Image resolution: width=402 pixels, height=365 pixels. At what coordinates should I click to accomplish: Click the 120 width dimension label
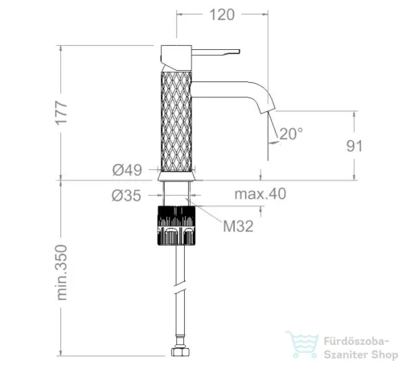pyautogui.click(x=222, y=15)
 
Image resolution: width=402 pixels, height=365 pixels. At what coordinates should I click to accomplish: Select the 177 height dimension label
pyautogui.click(x=61, y=113)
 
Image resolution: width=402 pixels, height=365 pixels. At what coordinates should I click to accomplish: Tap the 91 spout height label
pyautogui.click(x=355, y=146)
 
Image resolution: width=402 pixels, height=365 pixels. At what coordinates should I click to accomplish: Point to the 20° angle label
pyautogui.click(x=291, y=134)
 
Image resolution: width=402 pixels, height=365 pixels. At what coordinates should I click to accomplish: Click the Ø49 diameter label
pyautogui.click(x=127, y=170)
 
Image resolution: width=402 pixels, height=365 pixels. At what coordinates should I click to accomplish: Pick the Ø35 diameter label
pyautogui.click(x=126, y=196)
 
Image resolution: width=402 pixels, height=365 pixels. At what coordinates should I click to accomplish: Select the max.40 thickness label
pyautogui.click(x=260, y=193)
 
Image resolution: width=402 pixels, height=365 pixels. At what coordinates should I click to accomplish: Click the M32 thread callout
pyautogui.click(x=238, y=226)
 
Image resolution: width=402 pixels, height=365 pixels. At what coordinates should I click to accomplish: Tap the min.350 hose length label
pyautogui.click(x=62, y=272)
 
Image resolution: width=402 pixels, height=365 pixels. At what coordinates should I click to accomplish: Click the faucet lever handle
pyautogui.click(x=215, y=52)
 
